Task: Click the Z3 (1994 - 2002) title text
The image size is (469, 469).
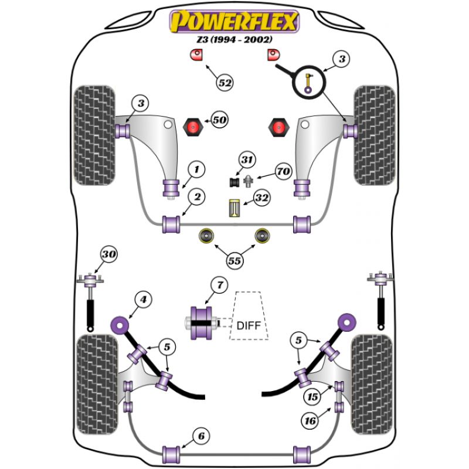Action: point(234,40)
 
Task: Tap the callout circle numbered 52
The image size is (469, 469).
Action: point(225,83)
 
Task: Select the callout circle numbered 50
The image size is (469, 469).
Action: point(219,120)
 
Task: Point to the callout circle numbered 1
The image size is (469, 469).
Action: point(197,170)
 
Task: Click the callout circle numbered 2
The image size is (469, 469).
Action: point(197,198)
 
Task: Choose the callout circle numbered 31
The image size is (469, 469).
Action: point(247,159)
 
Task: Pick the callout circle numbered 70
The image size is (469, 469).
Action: point(283,172)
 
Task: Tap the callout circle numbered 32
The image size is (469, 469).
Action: point(261,198)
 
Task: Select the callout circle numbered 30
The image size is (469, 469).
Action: point(108,254)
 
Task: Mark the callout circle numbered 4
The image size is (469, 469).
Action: point(142,300)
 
